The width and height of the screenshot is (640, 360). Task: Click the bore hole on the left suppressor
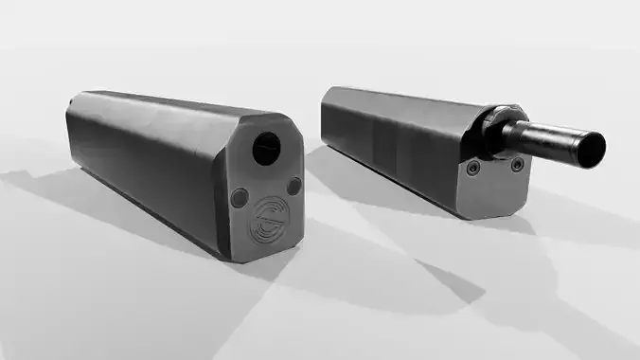[x=267, y=146]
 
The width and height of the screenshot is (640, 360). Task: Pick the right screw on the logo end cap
[x=293, y=186]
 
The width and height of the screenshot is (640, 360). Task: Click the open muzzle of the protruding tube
[x=594, y=147]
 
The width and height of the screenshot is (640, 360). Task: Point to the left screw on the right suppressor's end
[x=472, y=168]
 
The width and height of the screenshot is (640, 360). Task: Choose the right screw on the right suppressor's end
[x=517, y=165]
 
